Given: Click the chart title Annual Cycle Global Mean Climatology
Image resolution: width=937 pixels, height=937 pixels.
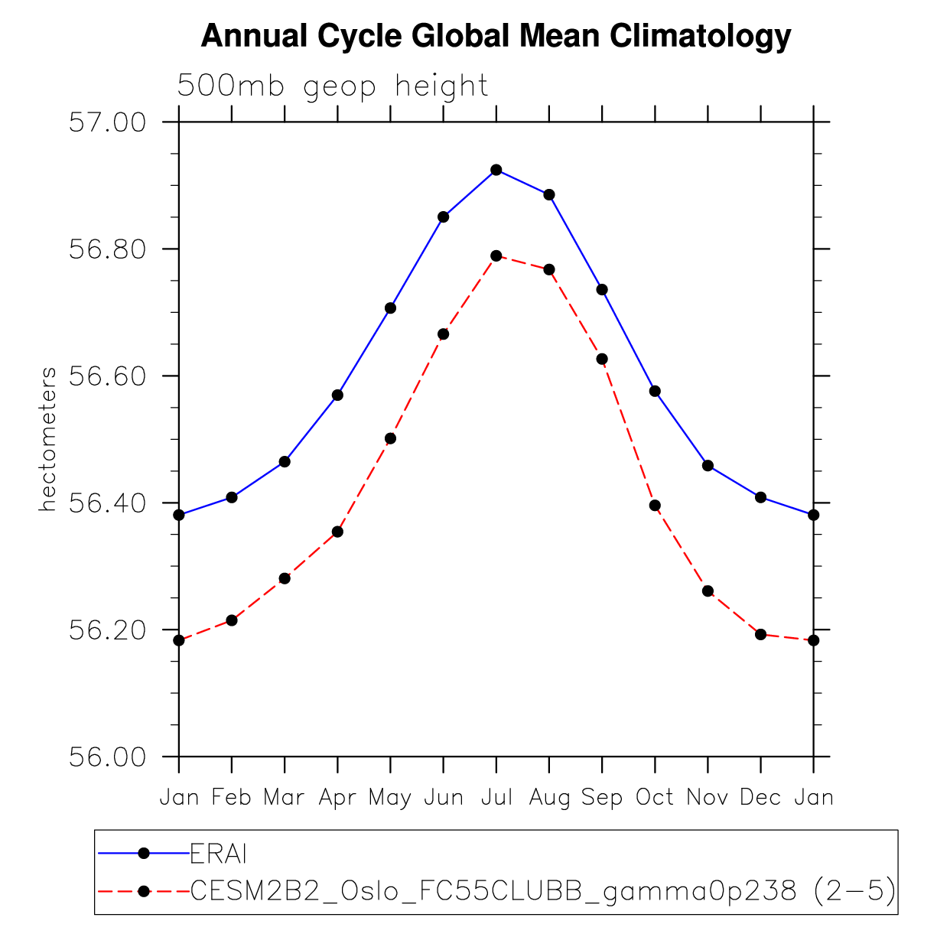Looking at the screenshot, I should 496,36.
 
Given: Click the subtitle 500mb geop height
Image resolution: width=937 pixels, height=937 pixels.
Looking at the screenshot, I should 333,86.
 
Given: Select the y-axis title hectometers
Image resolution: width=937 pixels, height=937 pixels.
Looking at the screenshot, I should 48,440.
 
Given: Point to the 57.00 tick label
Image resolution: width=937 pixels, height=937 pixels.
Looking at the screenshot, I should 107,122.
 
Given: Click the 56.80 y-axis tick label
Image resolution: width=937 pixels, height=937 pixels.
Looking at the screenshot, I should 107,249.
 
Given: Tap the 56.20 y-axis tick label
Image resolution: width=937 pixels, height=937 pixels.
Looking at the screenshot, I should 107,630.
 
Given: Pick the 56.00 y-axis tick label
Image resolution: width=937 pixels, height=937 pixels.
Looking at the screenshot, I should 107,757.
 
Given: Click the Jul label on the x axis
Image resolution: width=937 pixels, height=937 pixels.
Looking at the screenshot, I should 496,798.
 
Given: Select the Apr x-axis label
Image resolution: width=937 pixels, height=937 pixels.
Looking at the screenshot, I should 337,798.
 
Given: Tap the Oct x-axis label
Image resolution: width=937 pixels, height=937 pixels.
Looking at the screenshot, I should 655,798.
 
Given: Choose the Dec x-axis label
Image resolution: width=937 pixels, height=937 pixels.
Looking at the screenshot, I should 760,798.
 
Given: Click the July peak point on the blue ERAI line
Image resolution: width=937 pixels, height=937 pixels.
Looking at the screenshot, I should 496,170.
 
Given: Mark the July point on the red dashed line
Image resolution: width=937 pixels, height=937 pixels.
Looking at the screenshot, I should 496,255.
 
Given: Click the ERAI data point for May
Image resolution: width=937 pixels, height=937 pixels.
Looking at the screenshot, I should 390,308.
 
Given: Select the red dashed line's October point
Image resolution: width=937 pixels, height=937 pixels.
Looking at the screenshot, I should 655,506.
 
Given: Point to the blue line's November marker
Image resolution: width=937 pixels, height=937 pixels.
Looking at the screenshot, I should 708,466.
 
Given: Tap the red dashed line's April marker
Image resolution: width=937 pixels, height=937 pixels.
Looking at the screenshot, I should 337,532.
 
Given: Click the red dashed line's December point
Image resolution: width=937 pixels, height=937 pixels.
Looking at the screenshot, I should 760,634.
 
